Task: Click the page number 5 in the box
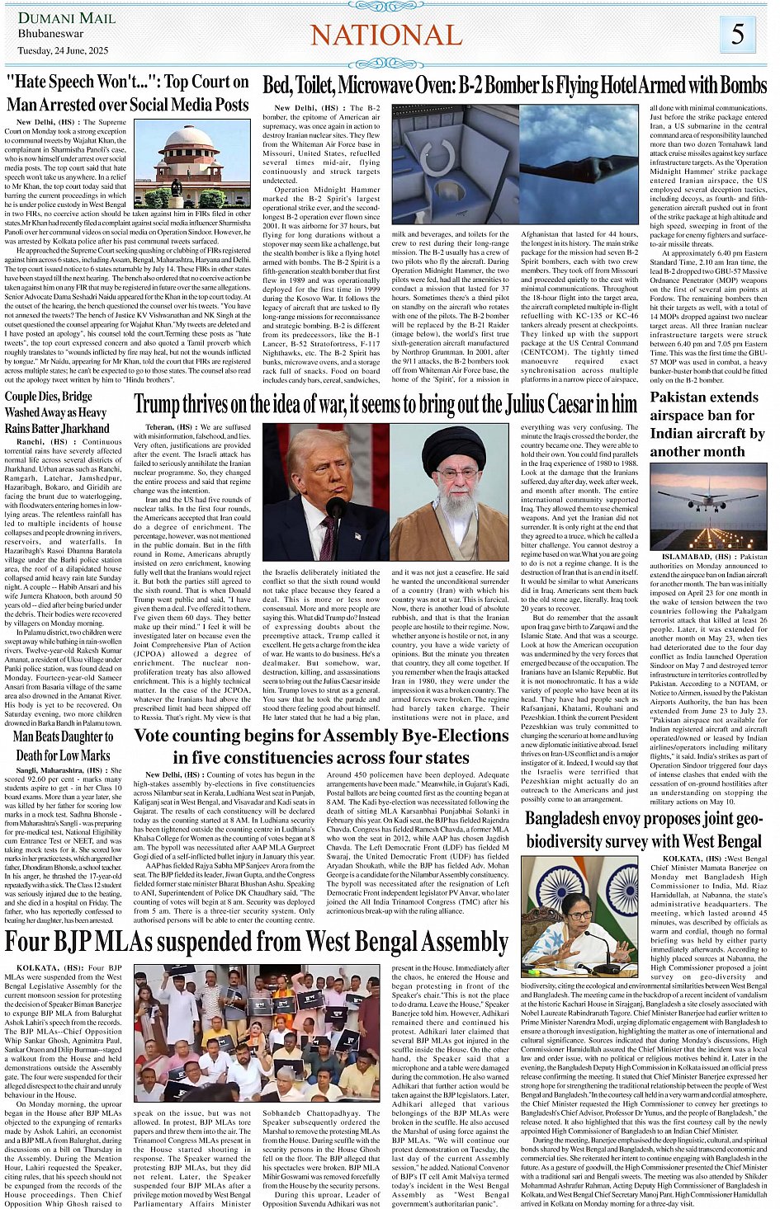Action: [737, 34]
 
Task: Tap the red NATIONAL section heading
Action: [386, 35]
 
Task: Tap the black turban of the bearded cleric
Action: [453, 446]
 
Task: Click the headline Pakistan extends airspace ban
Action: [707, 424]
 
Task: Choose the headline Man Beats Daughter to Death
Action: [64, 746]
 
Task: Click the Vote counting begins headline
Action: [321, 746]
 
